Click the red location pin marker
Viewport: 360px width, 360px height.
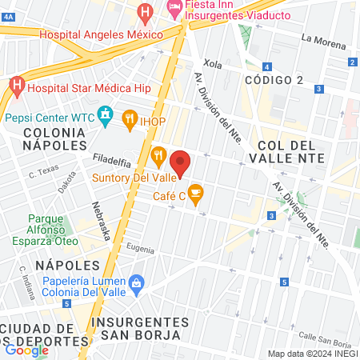[180, 162]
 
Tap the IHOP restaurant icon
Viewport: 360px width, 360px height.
[130, 121]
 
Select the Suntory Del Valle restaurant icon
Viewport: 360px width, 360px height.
[158, 154]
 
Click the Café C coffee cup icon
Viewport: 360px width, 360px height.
[195, 194]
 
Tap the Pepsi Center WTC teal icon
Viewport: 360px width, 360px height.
[105, 117]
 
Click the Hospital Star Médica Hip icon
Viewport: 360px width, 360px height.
[17, 84]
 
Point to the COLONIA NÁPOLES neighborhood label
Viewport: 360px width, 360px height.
[54, 138]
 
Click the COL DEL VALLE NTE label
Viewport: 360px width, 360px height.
[290, 151]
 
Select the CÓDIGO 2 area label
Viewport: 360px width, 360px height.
[274, 80]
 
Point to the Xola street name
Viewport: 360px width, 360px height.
[212, 63]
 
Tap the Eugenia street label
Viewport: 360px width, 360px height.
[140, 250]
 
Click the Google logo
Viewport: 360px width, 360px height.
[26, 350]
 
